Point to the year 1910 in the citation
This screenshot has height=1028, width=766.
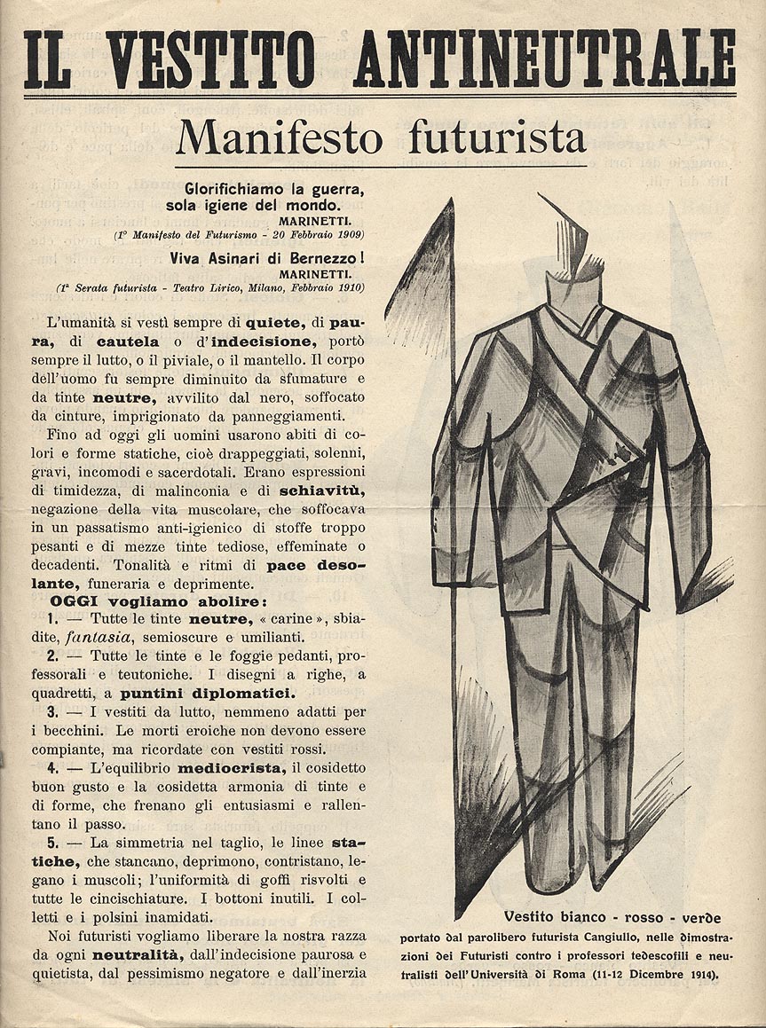pyautogui.click(x=347, y=287)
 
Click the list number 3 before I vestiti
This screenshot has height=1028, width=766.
pyautogui.click(x=52, y=711)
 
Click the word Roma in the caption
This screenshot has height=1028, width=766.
pyautogui.click(x=596, y=975)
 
